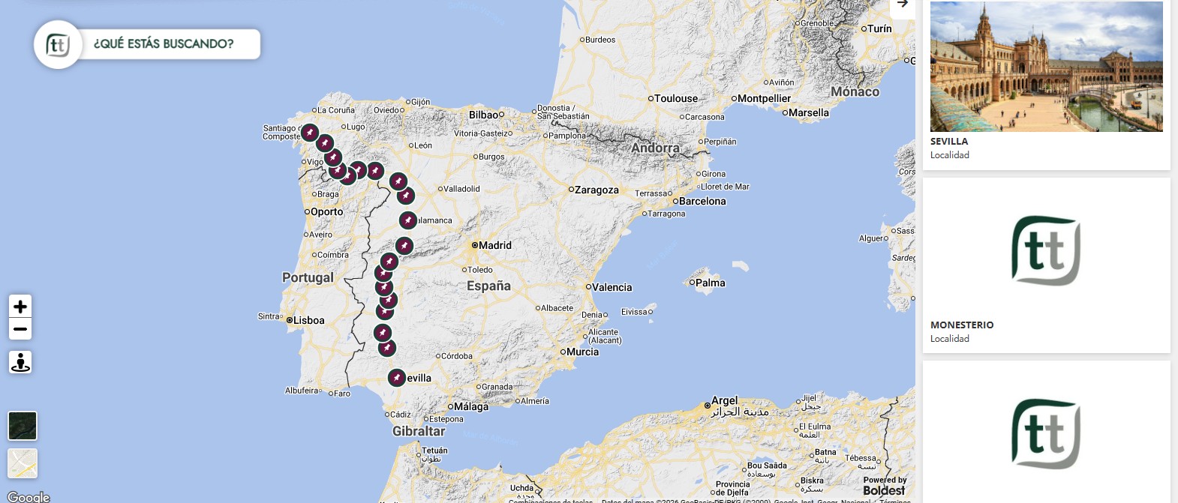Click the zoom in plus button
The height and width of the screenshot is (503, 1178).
click(20, 306)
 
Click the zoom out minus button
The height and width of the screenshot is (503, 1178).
click(20, 329)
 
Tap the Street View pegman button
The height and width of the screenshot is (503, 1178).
click(20, 362)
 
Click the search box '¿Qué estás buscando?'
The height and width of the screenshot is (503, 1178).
click(164, 44)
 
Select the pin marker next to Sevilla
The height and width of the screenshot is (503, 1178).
click(397, 378)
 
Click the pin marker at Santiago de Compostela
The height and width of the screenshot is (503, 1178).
click(309, 133)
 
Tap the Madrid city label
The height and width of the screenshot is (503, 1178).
click(494, 245)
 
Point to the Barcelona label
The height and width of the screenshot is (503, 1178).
click(702, 201)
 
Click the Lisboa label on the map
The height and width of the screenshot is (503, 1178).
click(308, 320)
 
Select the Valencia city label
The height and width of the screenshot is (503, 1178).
click(612, 287)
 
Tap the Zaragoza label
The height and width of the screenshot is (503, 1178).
click(597, 190)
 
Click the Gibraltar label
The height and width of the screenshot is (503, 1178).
click(419, 431)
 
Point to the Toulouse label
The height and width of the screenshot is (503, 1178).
click(675, 98)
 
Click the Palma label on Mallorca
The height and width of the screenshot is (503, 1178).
click(710, 283)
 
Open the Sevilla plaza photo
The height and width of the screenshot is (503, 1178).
click(1046, 67)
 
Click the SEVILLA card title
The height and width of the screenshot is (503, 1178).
click(949, 141)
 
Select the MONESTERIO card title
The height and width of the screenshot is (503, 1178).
click(962, 325)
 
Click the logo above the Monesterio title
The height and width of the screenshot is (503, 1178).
click(1046, 250)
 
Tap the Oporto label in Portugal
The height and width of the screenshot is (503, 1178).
click(326, 212)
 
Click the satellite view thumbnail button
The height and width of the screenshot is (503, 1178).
click(23, 426)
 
